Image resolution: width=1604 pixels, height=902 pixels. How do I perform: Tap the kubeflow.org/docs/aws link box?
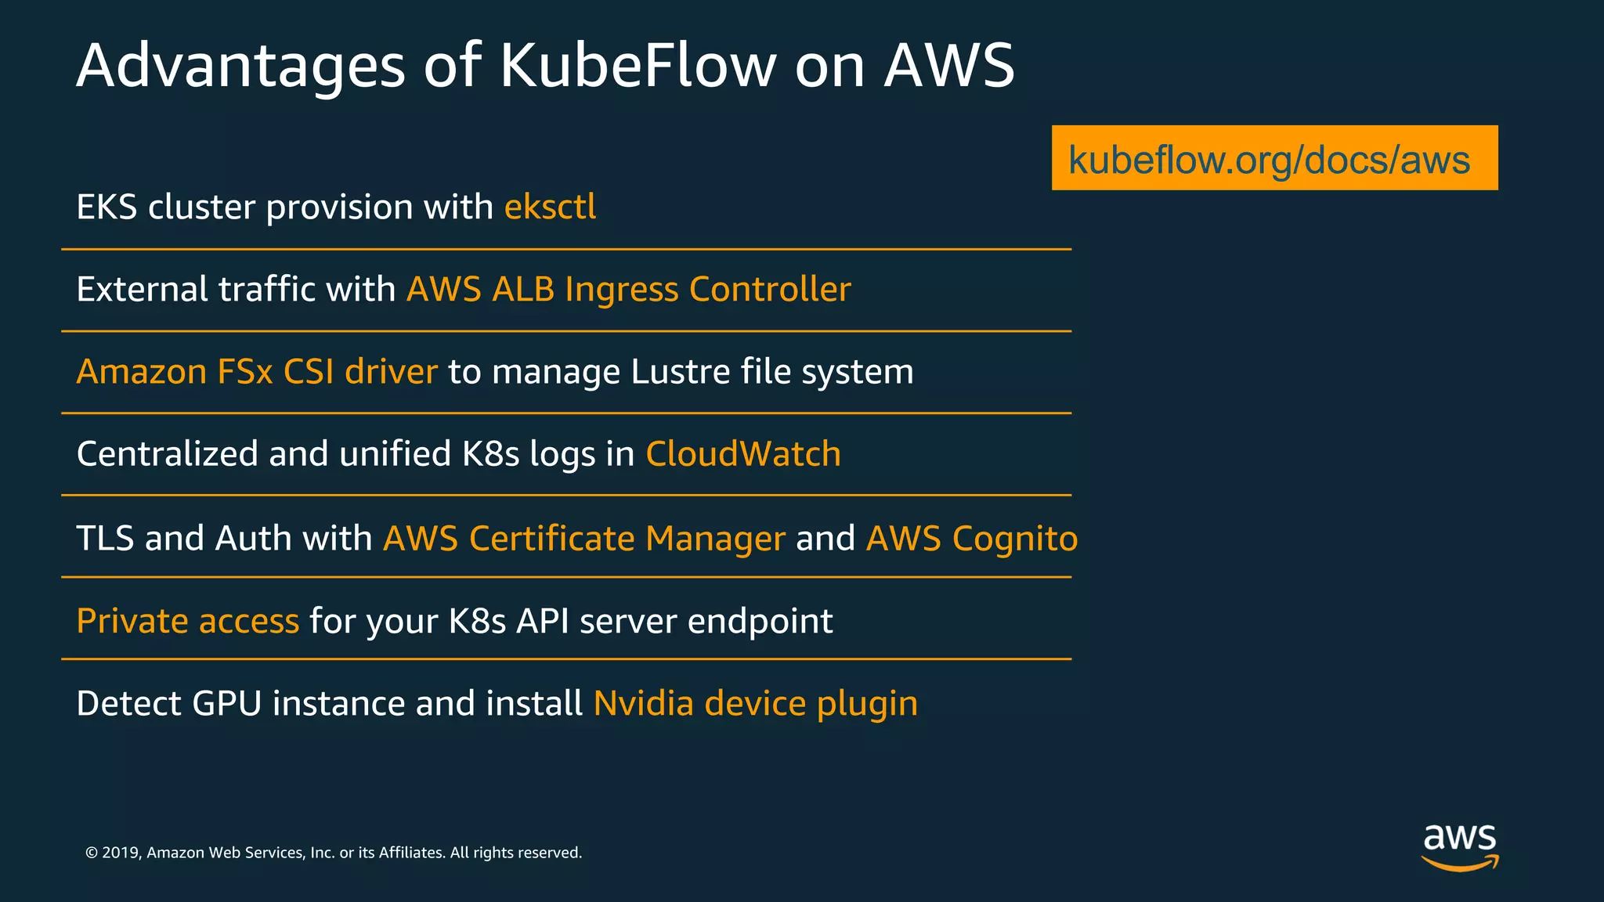1273,158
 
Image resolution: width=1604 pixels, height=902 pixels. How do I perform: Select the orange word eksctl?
550,207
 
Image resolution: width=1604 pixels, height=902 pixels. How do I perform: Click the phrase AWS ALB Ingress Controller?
628,290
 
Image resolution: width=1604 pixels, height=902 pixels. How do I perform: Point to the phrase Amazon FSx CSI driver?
256,372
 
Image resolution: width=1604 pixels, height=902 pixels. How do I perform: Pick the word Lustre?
680,372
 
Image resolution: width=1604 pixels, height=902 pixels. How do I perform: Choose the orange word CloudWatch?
742,454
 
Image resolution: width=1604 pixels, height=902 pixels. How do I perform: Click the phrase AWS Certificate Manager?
583,539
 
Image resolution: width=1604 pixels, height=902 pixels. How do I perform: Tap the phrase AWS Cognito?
971,539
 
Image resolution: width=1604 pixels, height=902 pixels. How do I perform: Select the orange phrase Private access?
187,621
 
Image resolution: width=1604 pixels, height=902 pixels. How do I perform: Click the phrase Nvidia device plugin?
755,703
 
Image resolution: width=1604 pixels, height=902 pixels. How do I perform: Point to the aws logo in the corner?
1459,846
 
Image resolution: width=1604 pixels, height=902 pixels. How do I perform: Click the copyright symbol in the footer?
92,853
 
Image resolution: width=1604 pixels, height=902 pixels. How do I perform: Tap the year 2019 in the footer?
120,853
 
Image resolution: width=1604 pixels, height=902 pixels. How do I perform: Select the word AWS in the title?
948,66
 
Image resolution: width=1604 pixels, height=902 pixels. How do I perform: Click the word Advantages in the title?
240,66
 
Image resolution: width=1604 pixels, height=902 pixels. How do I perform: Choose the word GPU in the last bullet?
226,703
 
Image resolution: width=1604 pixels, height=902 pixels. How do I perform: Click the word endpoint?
760,621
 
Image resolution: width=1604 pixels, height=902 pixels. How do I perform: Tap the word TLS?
105,539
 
